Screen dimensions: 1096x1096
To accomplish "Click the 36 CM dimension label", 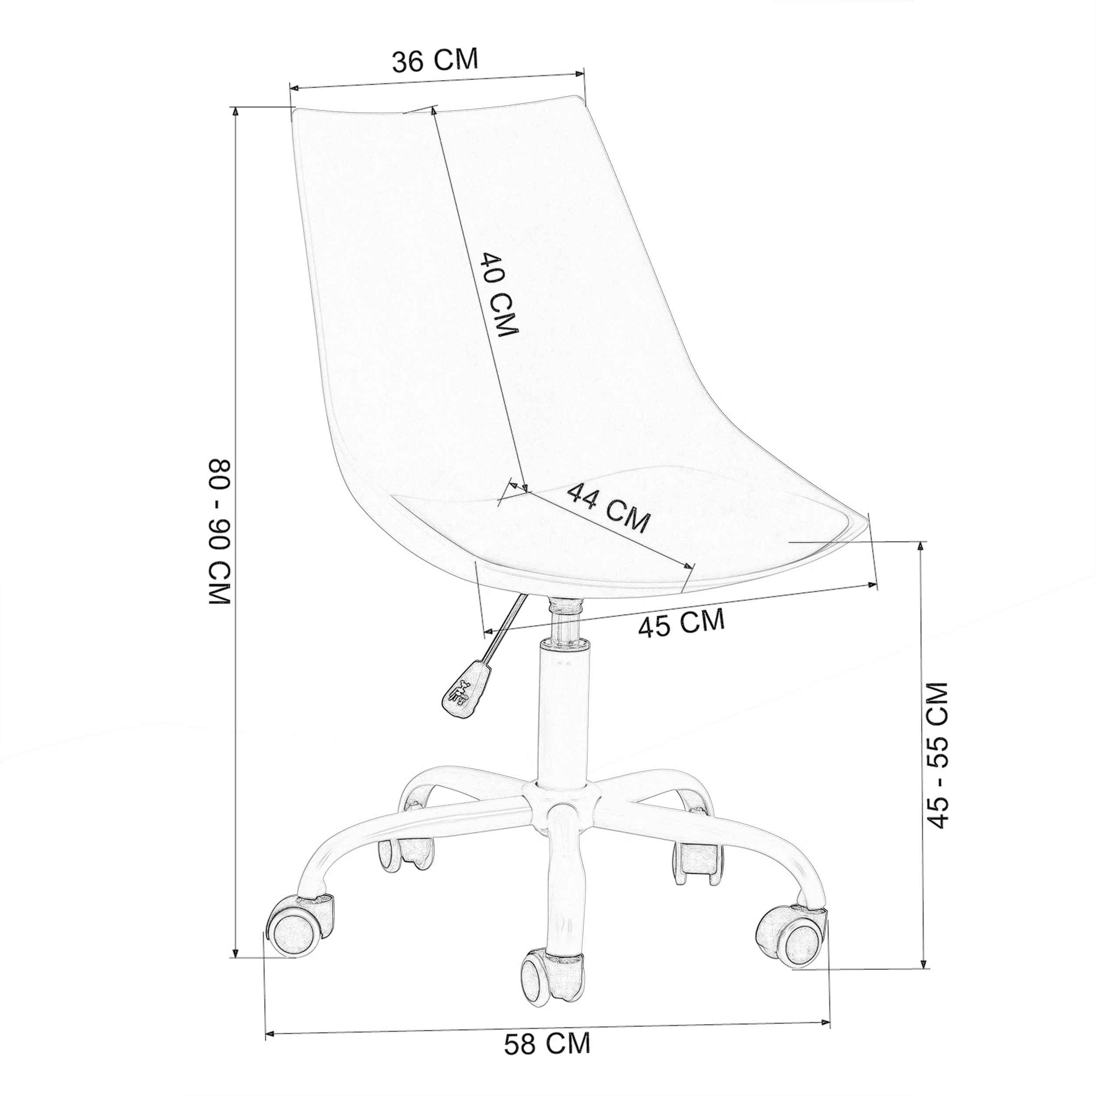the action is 435,60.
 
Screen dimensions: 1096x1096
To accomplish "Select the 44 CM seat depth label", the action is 608,508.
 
